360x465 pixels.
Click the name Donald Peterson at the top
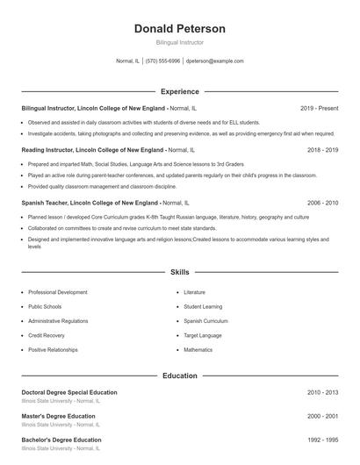click(x=179, y=29)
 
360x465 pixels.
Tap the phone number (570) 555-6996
click(x=162, y=61)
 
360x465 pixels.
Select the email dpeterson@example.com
click(x=215, y=61)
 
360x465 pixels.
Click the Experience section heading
click(x=179, y=91)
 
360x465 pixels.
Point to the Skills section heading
click(x=179, y=273)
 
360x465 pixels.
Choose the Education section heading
click(x=179, y=376)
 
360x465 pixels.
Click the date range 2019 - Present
click(x=319, y=108)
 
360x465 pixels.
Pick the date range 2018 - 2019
click(x=322, y=150)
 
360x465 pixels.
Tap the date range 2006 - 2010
click(x=322, y=203)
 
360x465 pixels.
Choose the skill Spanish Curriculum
click(x=206, y=321)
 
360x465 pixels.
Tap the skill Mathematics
click(x=198, y=350)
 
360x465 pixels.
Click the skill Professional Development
click(x=57, y=292)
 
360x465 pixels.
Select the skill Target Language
click(x=204, y=335)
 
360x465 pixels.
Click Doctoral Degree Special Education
click(x=68, y=392)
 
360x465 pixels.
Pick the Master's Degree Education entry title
click(x=59, y=416)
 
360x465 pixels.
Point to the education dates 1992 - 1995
click(x=322, y=440)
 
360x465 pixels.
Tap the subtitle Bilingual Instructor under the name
click(x=179, y=42)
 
